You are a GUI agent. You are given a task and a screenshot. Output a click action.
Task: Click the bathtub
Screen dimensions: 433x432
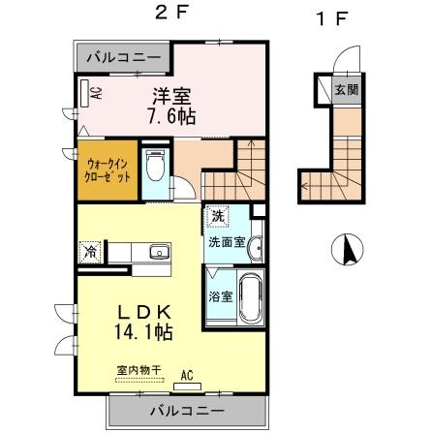click(x=251, y=298)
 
